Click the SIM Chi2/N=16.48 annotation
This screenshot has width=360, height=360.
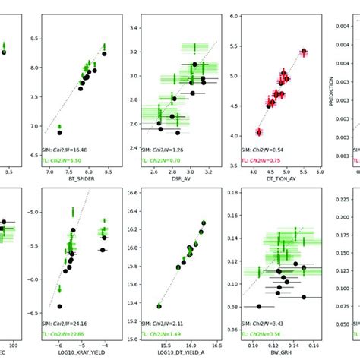tap(68, 150)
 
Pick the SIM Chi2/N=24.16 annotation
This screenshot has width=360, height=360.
tap(68, 322)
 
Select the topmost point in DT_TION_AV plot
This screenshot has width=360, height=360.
tap(304, 52)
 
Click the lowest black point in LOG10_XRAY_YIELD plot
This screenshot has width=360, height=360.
tap(59, 306)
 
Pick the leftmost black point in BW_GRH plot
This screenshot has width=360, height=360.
tap(260, 306)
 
